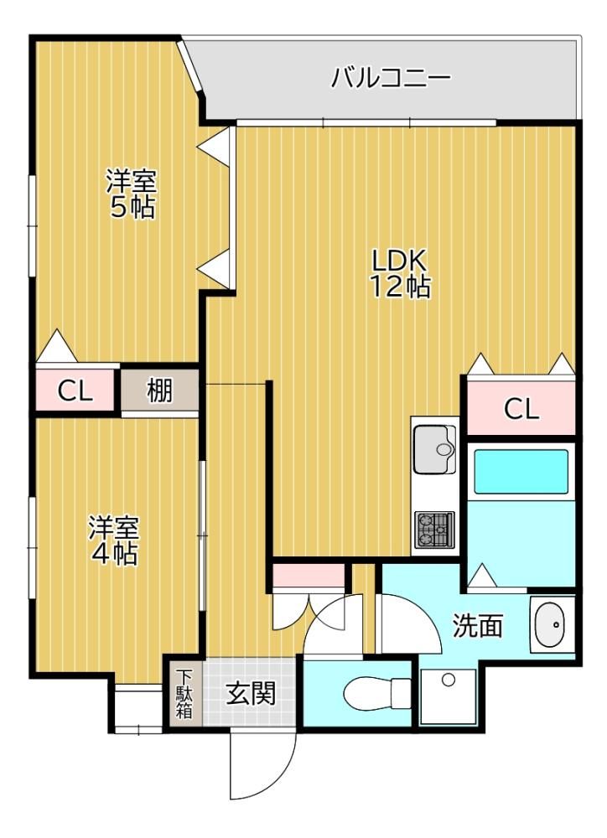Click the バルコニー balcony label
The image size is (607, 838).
click(391, 78)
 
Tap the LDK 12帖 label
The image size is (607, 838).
click(401, 274)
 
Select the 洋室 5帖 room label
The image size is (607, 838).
click(131, 194)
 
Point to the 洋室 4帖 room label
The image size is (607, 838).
click(113, 541)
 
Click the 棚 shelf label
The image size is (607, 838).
click(160, 391)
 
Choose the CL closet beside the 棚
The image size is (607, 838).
click(75, 391)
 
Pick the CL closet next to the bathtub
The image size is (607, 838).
click(521, 409)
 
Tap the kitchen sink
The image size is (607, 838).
click(435, 449)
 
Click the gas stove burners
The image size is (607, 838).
click(435, 530)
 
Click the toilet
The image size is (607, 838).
click(376, 693)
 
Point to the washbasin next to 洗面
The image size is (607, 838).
click(550, 625)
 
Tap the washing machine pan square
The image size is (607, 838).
click(449, 696)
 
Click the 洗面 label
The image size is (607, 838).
click(478, 625)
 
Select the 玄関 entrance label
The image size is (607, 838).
click(251, 693)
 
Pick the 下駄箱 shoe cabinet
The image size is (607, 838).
click(184, 693)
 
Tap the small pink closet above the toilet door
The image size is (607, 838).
click(309, 575)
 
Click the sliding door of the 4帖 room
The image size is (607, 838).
click(202, 535)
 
